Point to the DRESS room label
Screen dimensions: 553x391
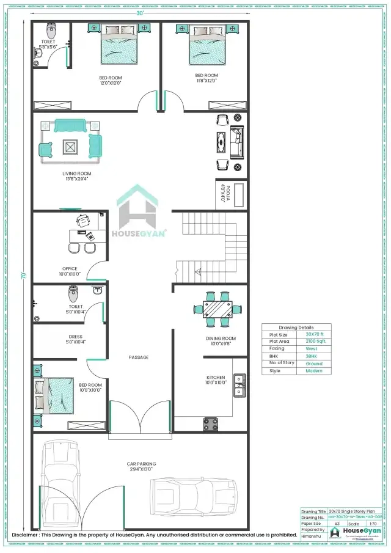pos(75,339)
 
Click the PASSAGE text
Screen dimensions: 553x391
pos(139,357)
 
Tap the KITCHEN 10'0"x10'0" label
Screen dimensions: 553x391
pos(215,380)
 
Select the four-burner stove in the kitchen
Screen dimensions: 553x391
pos(211,422)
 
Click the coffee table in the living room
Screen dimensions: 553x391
pos(70,147)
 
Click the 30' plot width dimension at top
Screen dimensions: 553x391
pos(140,13)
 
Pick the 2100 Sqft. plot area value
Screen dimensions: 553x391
pos(315,342)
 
